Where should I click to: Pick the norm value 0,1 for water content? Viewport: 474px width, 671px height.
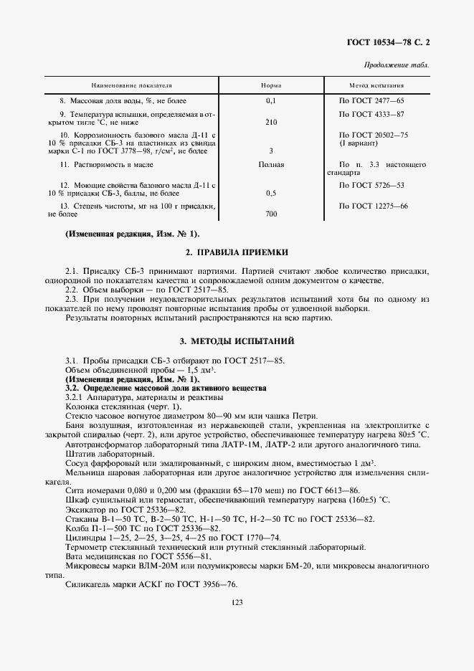pos(271,101)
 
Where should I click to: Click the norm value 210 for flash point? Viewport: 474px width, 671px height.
pos(271,123)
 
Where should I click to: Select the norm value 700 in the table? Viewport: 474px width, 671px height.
pos(271,214)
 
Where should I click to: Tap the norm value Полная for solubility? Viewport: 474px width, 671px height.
pos(271,165)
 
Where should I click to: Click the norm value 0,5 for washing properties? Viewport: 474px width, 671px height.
pos(271,194)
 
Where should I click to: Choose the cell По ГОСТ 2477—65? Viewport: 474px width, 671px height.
pos(371,101)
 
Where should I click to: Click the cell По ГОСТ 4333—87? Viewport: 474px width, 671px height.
pos(371,114)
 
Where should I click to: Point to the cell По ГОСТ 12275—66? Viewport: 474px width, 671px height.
pos(373,206)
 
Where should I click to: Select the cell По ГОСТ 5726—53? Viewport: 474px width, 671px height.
pos(371,186)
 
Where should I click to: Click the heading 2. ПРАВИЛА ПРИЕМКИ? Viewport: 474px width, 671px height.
pos(237,252)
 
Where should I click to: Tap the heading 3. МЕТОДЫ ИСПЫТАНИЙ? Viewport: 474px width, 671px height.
pos(237,341)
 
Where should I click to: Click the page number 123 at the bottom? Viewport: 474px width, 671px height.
pos(237,604)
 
